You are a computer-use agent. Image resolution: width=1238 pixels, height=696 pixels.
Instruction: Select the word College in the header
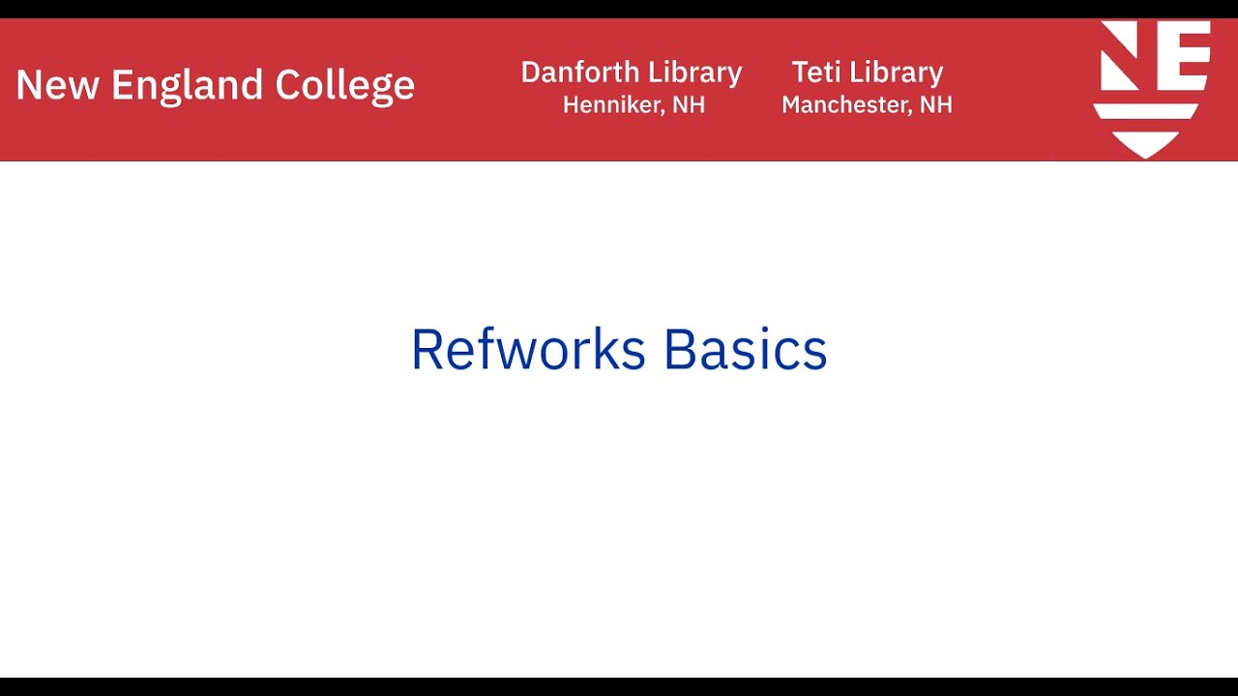[x=344, y=86]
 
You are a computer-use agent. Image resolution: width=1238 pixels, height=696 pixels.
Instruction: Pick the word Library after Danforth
[x=694, y=72]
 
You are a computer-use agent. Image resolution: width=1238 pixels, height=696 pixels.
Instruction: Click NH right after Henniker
[x=689, y=104]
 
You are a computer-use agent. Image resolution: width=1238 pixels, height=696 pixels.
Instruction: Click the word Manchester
[x=838, y=104]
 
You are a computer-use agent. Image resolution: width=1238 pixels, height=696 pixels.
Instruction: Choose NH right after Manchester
[x=935, y=104]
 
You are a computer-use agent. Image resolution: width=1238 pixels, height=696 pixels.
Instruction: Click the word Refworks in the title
[x=528, y=349]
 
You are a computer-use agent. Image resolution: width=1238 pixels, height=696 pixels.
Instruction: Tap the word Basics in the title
[x=745, y=349]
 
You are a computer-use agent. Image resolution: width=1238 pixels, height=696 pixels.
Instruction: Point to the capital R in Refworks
[x=427, y=349]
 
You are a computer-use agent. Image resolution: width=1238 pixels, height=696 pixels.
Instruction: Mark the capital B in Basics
[x=680, y=349]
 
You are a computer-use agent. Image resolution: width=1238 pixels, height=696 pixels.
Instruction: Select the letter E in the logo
[x=1183, y=56]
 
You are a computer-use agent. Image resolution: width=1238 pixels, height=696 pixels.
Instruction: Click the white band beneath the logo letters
[x=1146, y=111]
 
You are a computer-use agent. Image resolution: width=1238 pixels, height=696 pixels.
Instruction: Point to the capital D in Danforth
[x=531, y=72]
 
